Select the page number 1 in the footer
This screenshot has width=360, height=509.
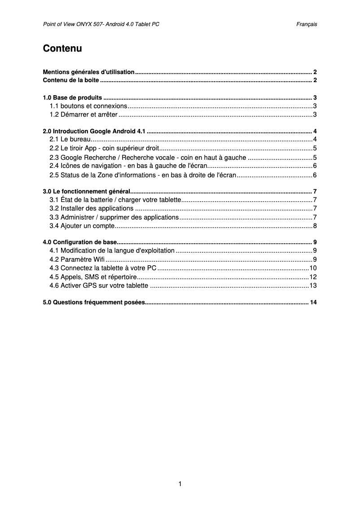point(180,483)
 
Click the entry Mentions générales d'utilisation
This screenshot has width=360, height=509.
point(88,72)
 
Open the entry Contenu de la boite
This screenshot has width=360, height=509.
point(71,80)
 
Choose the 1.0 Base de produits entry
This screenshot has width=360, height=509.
point(72,97)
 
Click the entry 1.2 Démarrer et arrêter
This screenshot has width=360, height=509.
point(83,114)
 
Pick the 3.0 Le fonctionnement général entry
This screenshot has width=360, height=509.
point(86,191)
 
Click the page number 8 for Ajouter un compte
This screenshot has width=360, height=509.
point(315,225)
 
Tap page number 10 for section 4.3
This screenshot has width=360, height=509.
point(313,268)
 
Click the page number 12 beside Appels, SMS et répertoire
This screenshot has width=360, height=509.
point(313,276)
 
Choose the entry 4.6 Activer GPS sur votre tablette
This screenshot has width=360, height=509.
point(99,285)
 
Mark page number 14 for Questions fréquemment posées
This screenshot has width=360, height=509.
point(313,302)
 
